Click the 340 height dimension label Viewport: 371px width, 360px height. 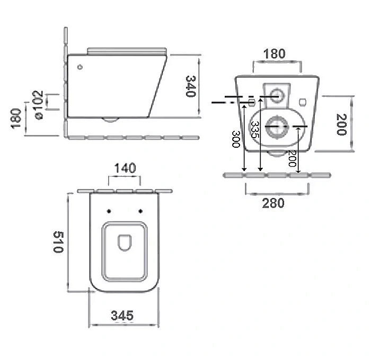click(191, 86)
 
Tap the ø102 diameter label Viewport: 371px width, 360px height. click(38, 105)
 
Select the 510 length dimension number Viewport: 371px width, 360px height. click(58, 242)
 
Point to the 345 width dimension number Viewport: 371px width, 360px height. click(122, 316)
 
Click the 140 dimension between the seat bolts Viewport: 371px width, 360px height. click(125, 168)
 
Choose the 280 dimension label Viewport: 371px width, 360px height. click(273, 203)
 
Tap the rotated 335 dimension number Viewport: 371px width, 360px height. click(255, 130)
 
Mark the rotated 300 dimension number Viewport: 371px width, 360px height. click(236, 139)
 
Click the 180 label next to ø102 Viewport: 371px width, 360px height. click(16, 119)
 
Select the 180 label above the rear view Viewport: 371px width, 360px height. click(275, 53)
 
